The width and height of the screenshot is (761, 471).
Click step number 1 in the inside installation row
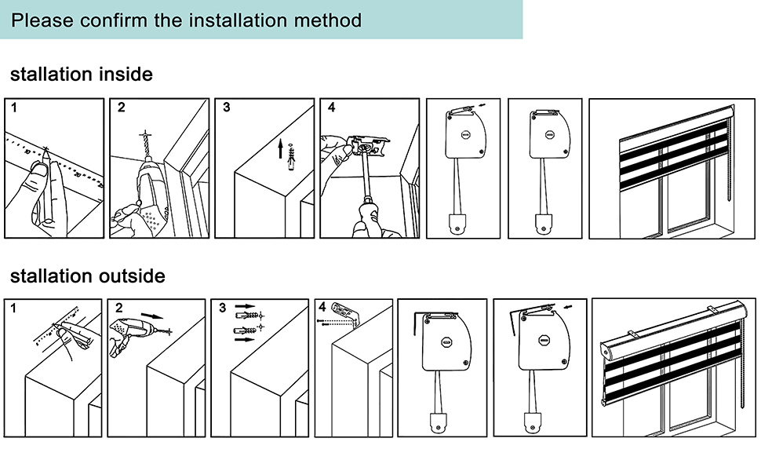point(13,107)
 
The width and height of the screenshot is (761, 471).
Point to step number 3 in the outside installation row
point(227,308)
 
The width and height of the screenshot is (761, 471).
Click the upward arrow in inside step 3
point(280,148)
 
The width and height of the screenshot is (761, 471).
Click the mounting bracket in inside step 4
point(369,147)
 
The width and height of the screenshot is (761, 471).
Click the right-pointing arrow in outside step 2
point(158,316)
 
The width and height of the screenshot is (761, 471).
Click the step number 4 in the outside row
point(322,307)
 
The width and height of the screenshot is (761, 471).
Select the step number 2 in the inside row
point(121,108)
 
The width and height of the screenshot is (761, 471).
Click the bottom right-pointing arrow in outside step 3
point(246,341)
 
